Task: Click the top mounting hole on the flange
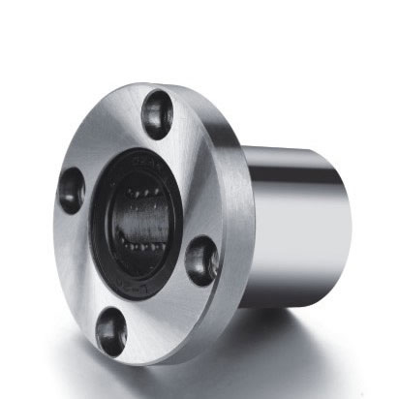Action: tap(157, 114)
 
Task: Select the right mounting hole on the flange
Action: tap(201, 261)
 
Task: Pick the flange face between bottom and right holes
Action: tap(165, 310)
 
